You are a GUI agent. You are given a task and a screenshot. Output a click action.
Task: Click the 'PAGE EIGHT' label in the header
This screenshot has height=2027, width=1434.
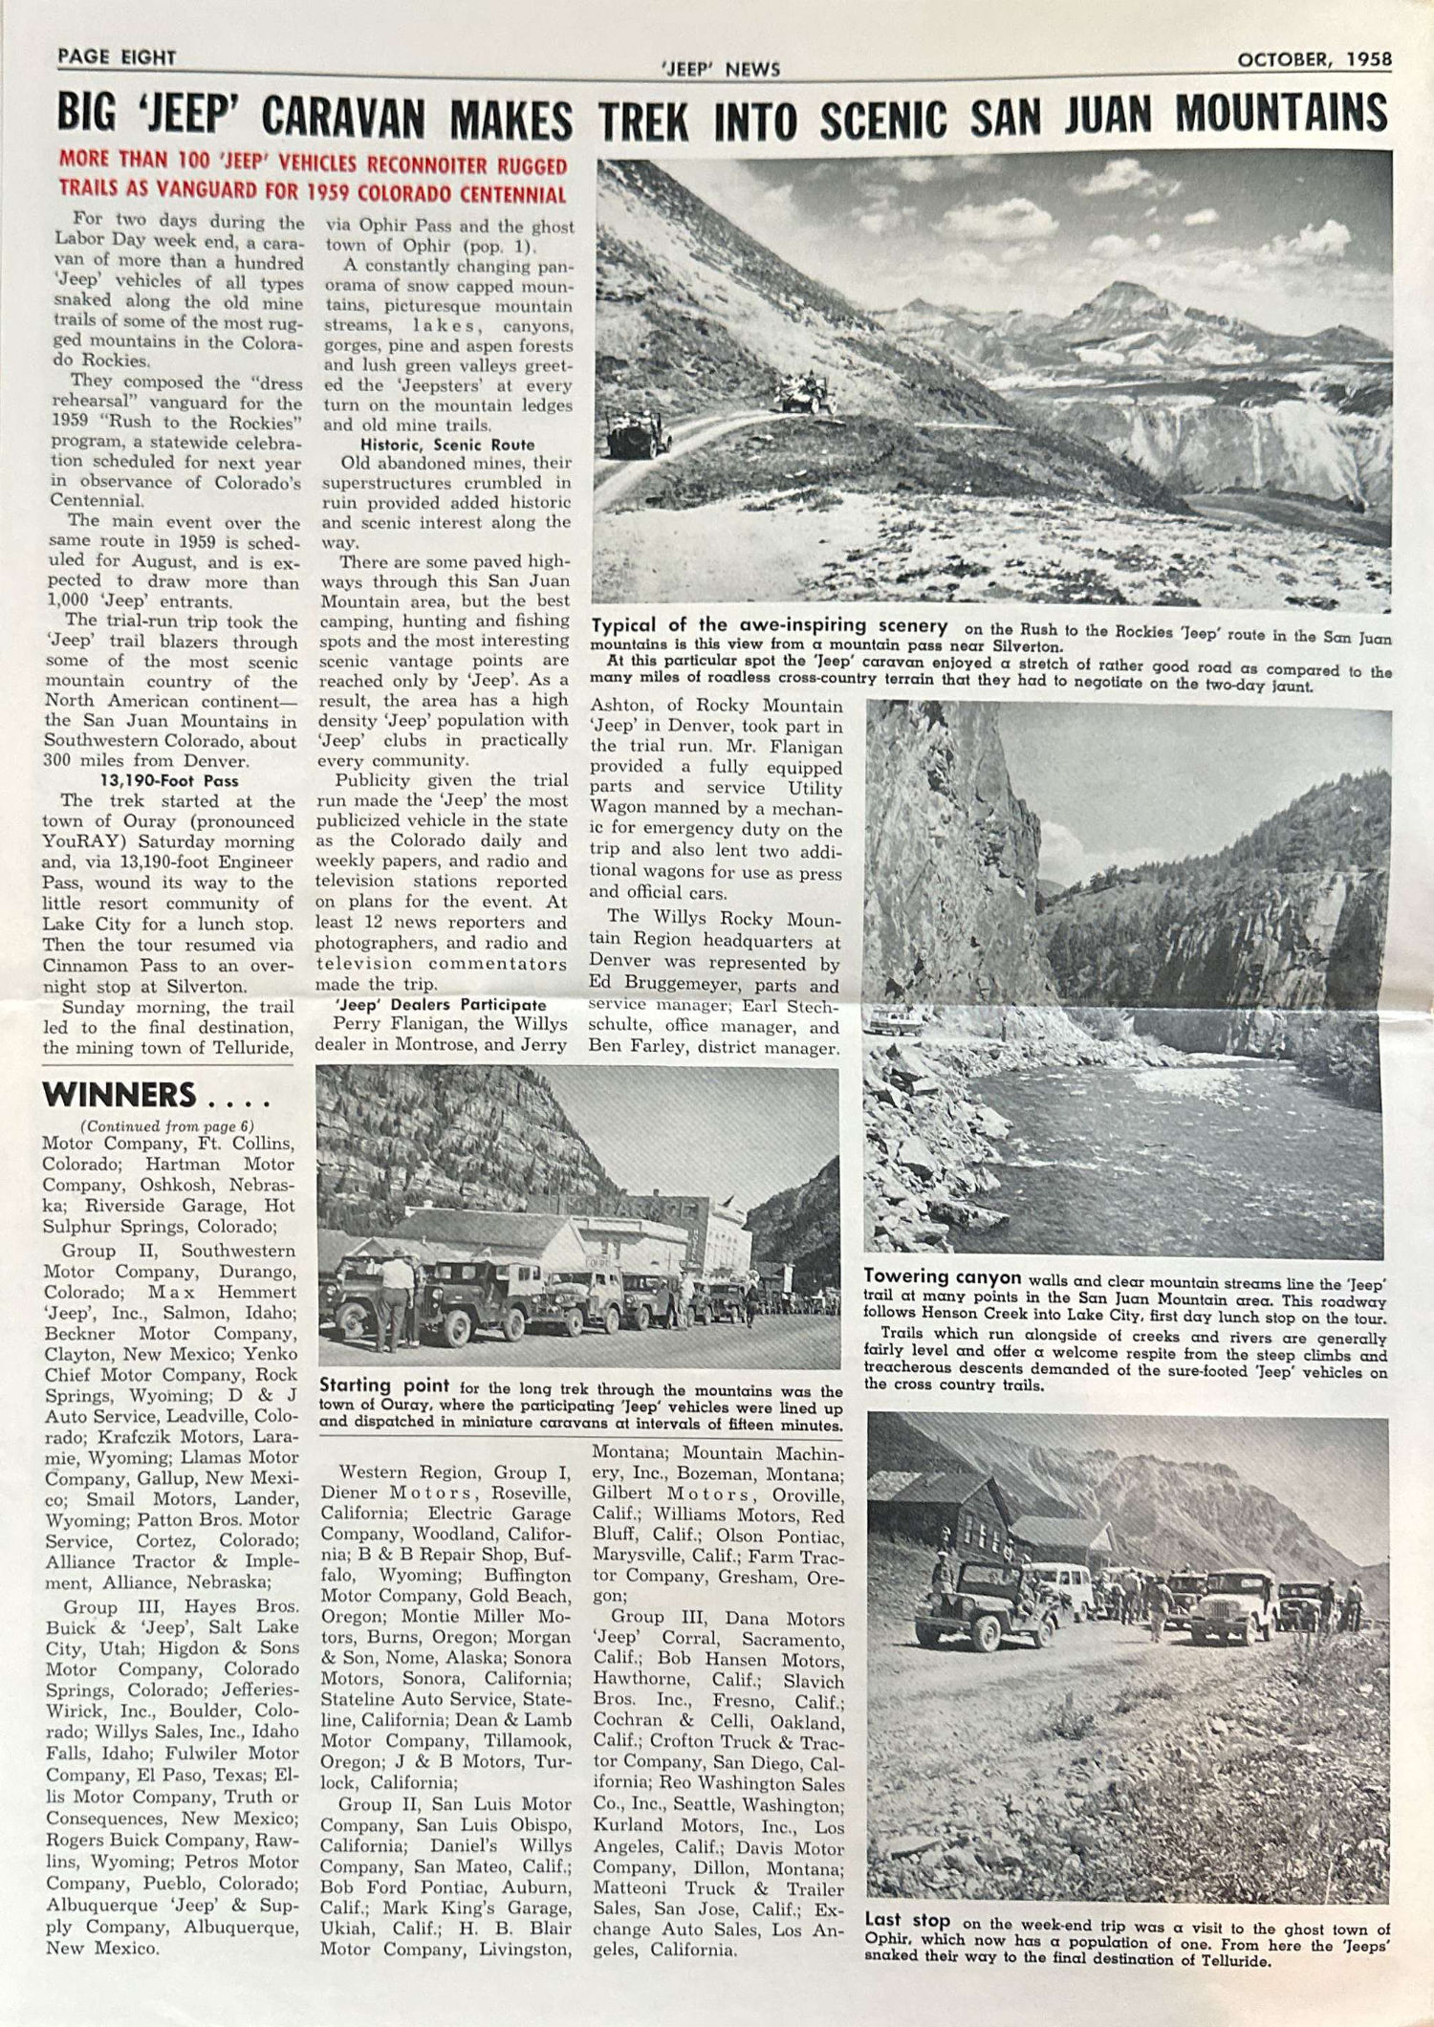[x=117, y=57]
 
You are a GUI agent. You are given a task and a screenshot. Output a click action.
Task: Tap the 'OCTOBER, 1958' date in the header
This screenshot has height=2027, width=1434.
[x=1314, y=59]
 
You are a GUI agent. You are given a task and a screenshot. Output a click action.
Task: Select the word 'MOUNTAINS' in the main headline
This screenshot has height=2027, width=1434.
[x=1281, y=115]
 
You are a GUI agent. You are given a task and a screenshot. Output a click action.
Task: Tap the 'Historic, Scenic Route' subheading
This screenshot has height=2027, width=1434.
[x=447, y=445]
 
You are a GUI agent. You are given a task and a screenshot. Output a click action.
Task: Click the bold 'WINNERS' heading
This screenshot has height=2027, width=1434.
[x=119, y=1095]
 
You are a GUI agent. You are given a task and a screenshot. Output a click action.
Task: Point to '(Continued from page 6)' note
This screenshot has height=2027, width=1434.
[x=167, y=1126]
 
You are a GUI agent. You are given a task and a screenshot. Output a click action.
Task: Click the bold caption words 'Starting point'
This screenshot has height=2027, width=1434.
[x=384, y=1385]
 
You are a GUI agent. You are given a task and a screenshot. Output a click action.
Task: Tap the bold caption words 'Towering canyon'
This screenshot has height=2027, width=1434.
[x=943, y=1277]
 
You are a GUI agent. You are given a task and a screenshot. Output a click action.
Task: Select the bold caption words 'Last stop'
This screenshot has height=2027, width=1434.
[x=907, y=1920]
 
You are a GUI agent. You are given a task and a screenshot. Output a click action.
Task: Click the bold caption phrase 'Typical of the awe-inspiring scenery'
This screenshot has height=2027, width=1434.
[x=770, y=626]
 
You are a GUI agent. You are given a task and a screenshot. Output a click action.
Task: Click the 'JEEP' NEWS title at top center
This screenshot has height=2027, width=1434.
[x=721, y=69]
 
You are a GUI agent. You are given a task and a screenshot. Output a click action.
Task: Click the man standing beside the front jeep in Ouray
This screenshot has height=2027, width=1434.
[x=396, y=1300]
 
